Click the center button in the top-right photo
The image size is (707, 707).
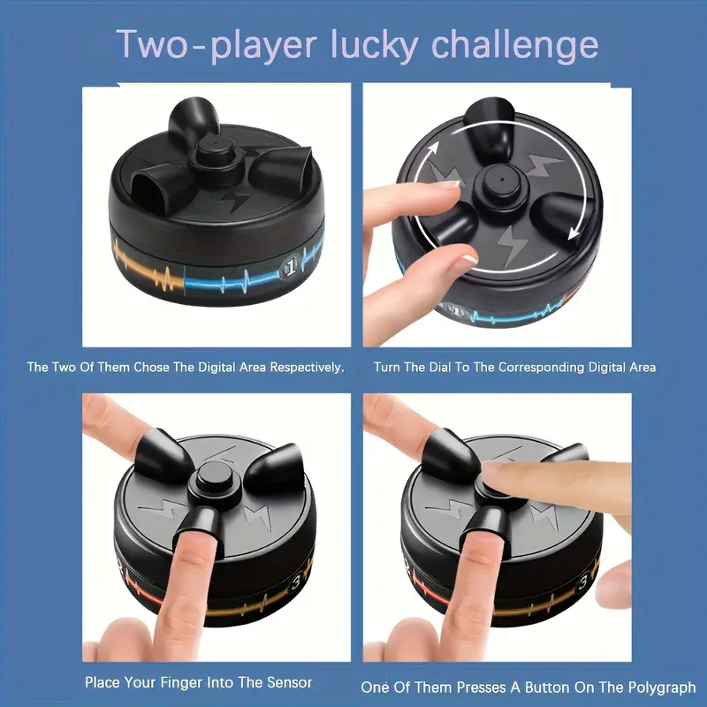497,183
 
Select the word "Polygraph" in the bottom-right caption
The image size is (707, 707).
661,686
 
